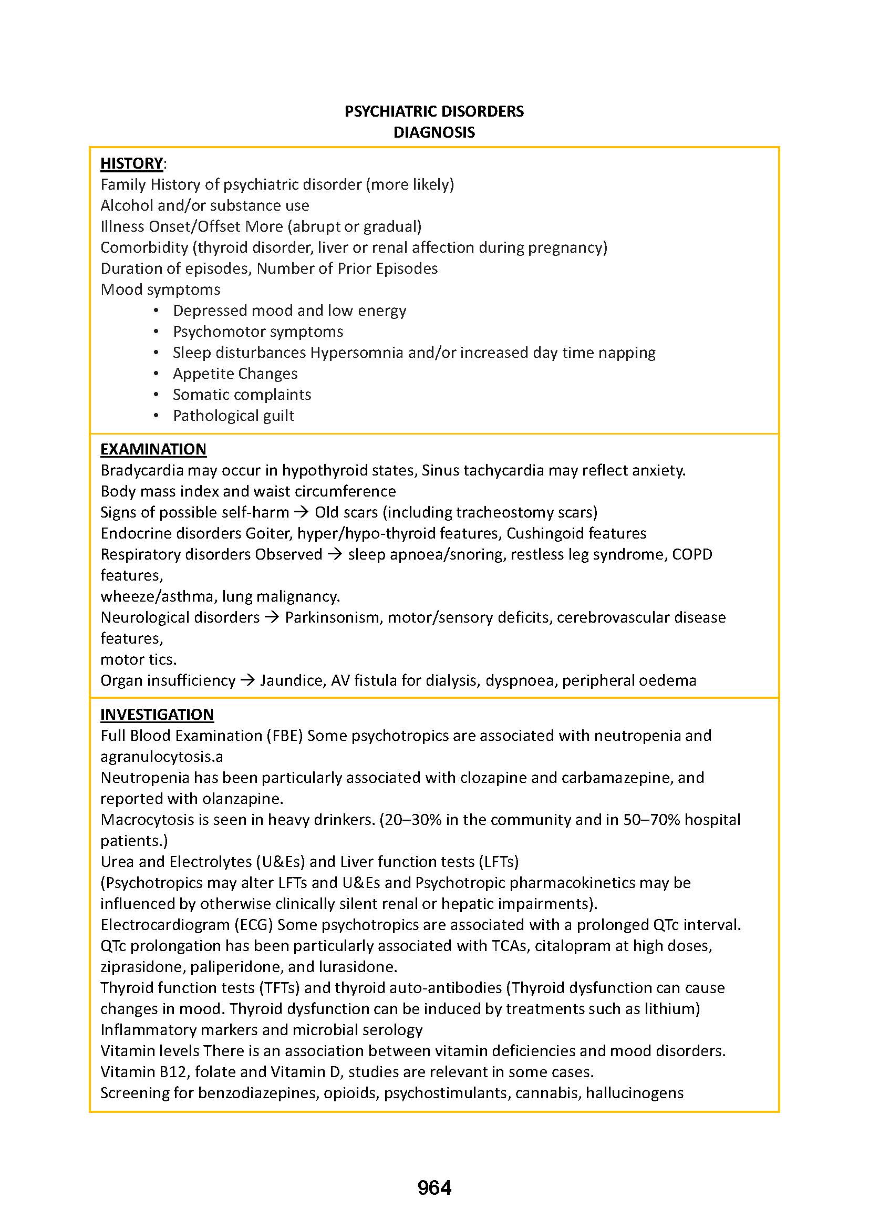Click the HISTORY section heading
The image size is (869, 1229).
[132, 163]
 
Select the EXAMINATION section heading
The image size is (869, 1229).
[153, 449]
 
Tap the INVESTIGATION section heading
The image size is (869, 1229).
[157, 715]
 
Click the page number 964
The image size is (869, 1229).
[434, 1188]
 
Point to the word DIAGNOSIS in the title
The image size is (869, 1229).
[434, 132]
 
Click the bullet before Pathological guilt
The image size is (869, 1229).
[156, 416]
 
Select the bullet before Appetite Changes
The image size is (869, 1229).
[156, 374]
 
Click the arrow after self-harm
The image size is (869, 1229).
[301, 512]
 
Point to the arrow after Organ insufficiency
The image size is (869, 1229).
[247, 680]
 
